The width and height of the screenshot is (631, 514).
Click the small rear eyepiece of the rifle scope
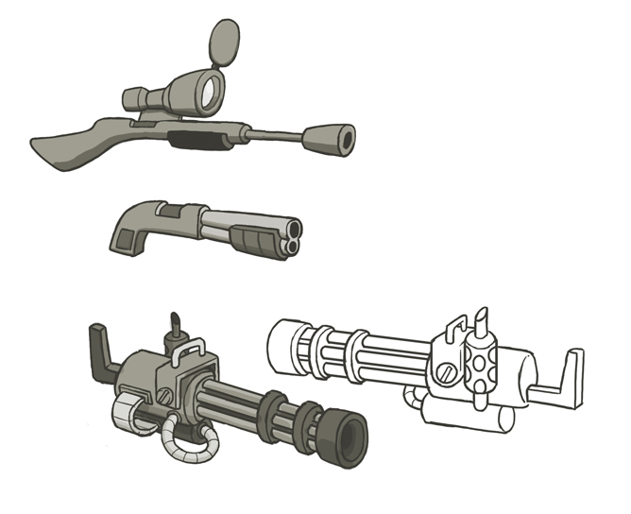click(x=131, y=97)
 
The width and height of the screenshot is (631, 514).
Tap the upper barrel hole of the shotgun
click(x=294, y=230)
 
